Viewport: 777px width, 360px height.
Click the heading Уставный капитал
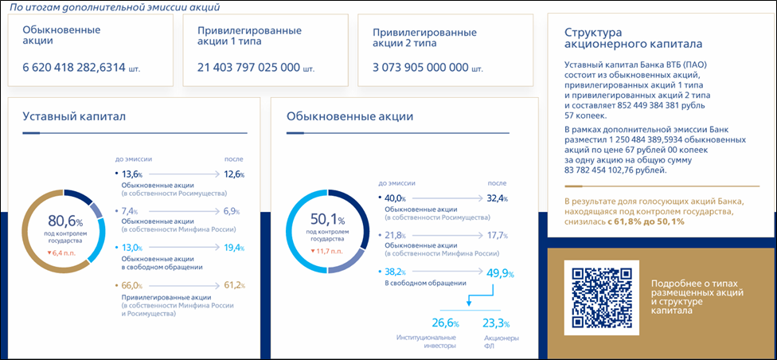74,117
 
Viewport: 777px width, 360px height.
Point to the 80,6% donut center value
64,219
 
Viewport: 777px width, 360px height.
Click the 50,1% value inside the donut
326,220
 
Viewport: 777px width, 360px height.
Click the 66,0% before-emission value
130,284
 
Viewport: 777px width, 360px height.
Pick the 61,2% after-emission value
233,284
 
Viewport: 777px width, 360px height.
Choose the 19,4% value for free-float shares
233,248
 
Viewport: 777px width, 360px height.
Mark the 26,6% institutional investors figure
446,323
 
